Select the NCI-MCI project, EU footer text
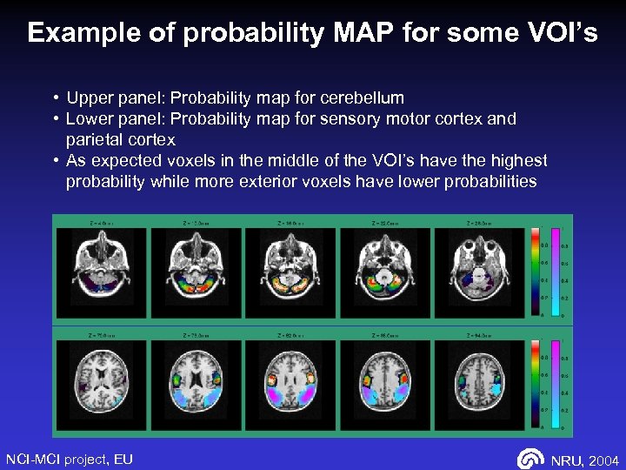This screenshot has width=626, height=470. pos(70,459)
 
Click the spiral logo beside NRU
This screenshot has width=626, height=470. pos(530,459)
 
